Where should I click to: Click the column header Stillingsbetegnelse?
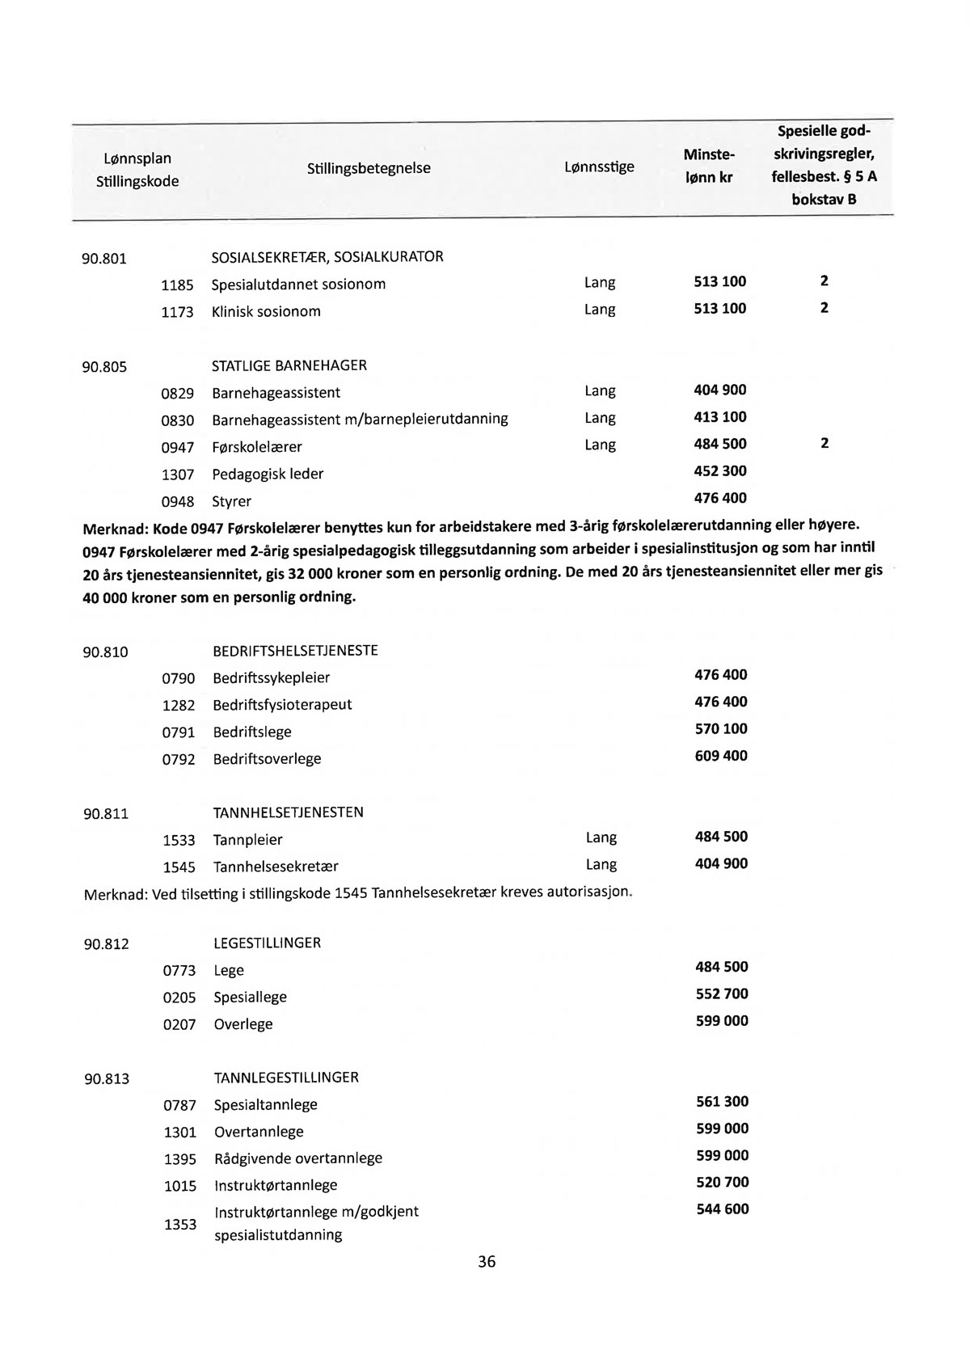(x=369, y=168)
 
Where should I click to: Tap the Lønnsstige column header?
(x=599, y=167)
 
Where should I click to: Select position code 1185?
(x=178, y=285)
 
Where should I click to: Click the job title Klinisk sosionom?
(x=266, y=311)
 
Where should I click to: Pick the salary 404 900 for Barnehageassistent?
(x=720, y=390)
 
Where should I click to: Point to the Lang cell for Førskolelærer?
(x=600, y=445)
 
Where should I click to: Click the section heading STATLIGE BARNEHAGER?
(x=289, y=365)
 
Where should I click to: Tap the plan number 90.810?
(x=106, y=652)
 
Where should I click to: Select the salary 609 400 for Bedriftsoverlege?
(x=721, y=756)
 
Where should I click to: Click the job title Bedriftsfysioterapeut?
(x=282, y=704)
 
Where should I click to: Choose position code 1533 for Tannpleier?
(x=179, y=841)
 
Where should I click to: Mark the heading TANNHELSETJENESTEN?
(x=288, y=812)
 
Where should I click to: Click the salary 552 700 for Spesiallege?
(x=722, y=993)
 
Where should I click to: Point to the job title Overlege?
(x=243, y=1024)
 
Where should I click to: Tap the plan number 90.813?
(x=107, y=1078)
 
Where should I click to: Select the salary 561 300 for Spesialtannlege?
(x=722, y=1101)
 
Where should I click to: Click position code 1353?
(x=180, y=1224)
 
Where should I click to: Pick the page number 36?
(x=487, y=1261)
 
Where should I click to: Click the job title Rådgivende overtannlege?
(x=297, y=1158)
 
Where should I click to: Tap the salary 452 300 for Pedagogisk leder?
(x=720, y=470)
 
